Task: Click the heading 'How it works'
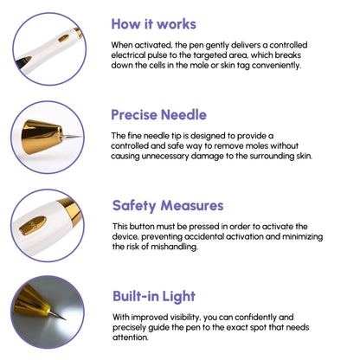point(153,24)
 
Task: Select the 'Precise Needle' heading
point(159,115)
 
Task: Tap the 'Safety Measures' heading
point(168,206)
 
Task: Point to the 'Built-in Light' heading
point(154,297)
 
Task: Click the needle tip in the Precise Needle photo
point(81,136)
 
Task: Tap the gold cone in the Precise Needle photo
point(42,137)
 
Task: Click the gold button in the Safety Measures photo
point(33,225)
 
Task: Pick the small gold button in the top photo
point(64,38)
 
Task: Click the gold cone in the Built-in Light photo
point(32,302)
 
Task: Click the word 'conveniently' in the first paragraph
point(276,66)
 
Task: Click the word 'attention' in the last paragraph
point(131,337)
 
